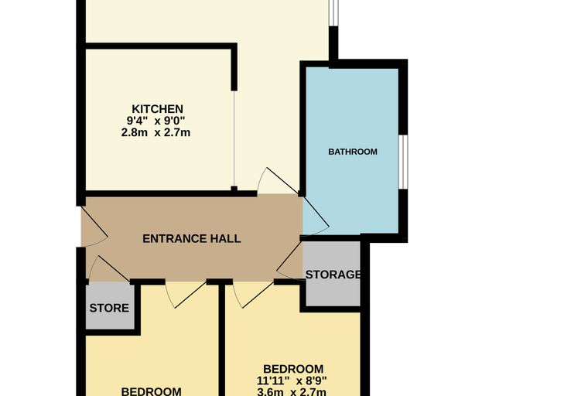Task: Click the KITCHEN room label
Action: (x=158, y=109)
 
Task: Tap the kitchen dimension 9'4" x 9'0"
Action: (x=156, y=121)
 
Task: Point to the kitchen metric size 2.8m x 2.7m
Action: (x=156, y=133)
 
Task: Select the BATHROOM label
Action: (x=353, y=152)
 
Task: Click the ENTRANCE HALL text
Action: (x=192, y=239)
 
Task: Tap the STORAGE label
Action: (x=333, y=275)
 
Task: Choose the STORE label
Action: (x=109, y=309)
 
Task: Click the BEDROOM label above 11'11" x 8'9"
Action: (x=293, y=369)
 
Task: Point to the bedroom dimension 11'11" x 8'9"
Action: (x=292, y=381)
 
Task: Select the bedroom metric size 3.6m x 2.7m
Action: (x=292, y=392)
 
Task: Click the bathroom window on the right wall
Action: (x=403, y=162)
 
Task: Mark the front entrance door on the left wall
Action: (x=94, y=226)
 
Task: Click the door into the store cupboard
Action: (x=110, y=268)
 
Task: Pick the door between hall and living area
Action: (x=278, y=181)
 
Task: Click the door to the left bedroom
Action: (x=186, y=295)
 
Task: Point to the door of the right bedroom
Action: (x=253, y=295)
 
